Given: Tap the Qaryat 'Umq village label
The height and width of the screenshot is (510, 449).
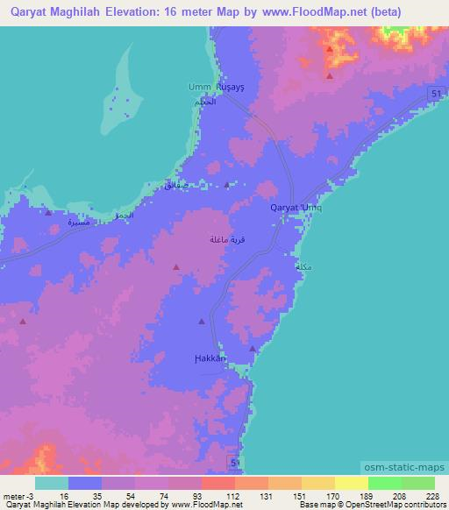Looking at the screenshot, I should pyautogui.click(x=301, y=208).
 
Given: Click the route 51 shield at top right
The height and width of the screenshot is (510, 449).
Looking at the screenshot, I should pyautogui.click(x=436, y=94).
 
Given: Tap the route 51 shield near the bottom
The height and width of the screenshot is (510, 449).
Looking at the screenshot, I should pyautogui.click(x=234, y=461).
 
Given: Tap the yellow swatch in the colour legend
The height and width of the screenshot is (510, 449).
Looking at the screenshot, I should pyautogui.click(x=351, y=483).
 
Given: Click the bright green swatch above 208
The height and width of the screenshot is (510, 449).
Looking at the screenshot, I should pyautogui.click(x=384, y=483).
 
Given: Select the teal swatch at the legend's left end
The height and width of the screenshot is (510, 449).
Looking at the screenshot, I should pyautogui.click(x=51, y=483).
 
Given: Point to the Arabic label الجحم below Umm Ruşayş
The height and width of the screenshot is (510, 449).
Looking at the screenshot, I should pyautogui.click(x=203, y=103).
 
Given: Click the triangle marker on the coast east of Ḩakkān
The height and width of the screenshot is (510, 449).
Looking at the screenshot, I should pyautogui.click(x=253, y=349).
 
